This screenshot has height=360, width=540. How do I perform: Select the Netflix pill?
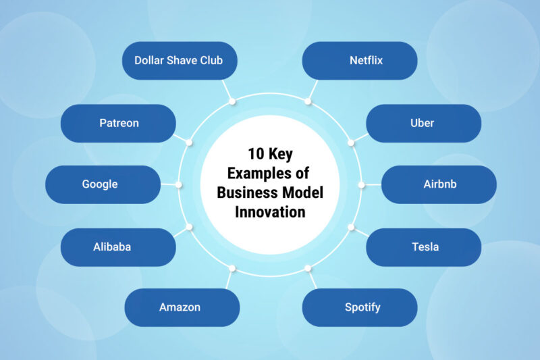click(x=359, y=60)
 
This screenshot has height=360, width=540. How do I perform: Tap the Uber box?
click(x=423, y=123)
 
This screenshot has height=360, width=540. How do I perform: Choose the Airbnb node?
click(x=439, y=184)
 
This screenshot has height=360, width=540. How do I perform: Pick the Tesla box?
click(x=423, y=247)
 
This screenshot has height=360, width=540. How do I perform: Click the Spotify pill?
click(x=359, y=307)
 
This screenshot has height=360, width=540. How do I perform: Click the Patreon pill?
click(x=118, y=123)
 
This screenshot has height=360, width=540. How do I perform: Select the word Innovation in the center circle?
click(x=270, y=211)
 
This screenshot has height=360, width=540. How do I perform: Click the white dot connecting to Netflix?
click(x=308, y=101)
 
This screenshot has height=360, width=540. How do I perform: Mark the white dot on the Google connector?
click(x=179, y=184)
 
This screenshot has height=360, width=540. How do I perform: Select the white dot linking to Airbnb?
click(x=361, y=184)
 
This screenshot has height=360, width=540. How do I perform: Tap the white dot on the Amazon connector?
click(x=232, y=268)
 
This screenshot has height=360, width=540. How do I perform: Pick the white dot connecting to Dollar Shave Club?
click(x=232, y=101)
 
